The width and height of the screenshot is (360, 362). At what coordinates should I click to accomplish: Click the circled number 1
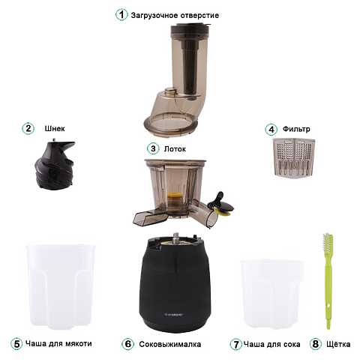[121, 15]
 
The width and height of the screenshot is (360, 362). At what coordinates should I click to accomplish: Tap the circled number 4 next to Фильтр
[271, 130]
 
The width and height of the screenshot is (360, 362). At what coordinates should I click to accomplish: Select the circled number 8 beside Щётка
[316, 344]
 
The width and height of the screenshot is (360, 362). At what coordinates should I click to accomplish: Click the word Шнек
[55, 129]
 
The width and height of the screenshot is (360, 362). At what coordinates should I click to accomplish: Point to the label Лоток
[175, 149]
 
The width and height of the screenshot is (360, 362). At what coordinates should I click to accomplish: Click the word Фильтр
[296, 129]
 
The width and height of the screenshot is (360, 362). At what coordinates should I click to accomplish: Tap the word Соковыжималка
[170, 344]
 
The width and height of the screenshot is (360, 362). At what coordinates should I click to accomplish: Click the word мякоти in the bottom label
[78, 343]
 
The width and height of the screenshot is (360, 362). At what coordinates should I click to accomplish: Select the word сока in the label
[291, 344]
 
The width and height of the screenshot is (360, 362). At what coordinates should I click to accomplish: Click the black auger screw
[55, 163]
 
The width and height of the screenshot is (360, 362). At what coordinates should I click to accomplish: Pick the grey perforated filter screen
[293, 157]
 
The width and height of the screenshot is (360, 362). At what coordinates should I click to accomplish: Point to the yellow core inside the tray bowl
[175, 196]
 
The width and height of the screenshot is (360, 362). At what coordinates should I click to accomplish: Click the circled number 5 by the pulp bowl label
[16, 344]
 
